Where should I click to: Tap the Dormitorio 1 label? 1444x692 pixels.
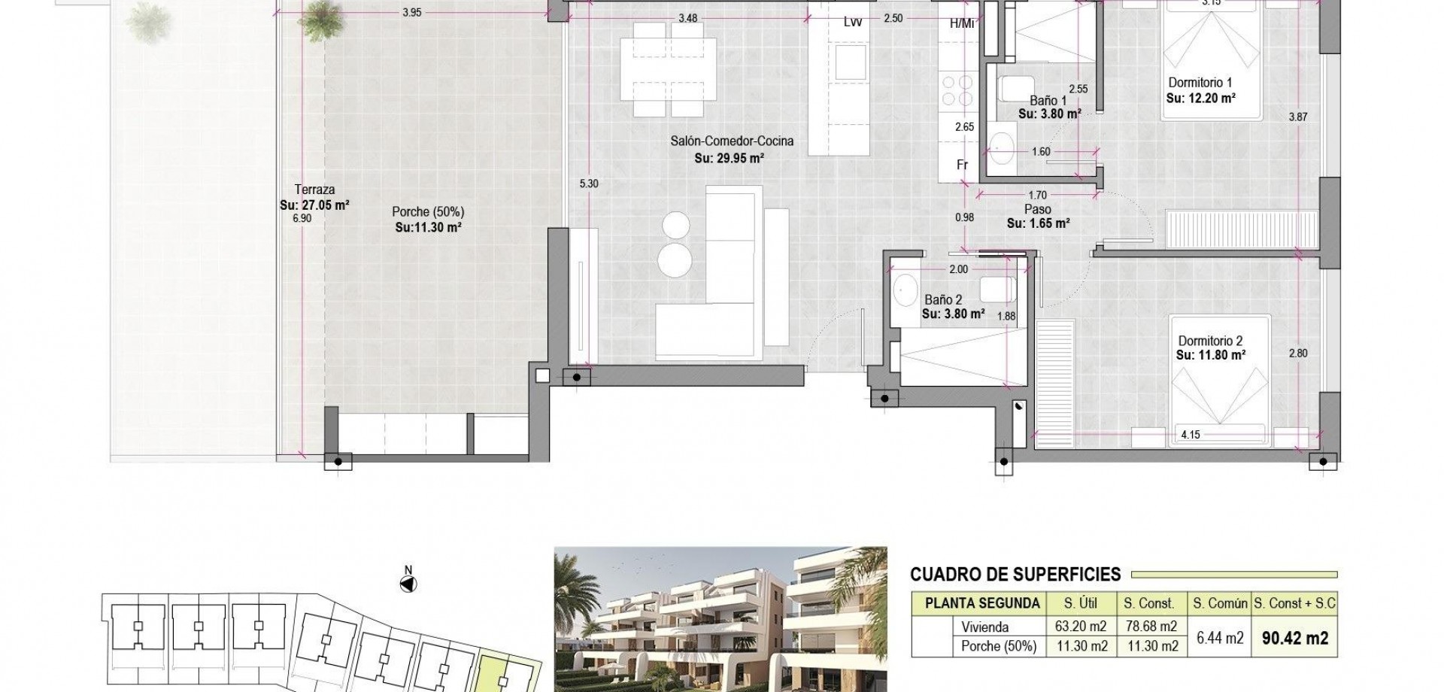click(x=1200, y=83)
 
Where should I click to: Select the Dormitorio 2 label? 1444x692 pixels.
click(x=1210, y=340)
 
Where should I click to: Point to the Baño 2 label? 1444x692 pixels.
click(x=943, y=300)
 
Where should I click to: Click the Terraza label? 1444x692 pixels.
click(x=314, y=190)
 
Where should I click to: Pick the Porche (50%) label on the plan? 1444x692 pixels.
click(x=428, y=212)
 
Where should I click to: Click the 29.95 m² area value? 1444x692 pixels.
click(x=739, y=159)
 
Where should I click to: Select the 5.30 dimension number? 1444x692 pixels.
click(x=589, y=184)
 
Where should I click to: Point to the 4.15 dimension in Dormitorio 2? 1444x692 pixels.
click(x=1191, y=434)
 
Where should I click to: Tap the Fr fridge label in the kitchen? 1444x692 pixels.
click(x=962, y=165)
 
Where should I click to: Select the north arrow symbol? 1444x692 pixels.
click(x=408, y=583)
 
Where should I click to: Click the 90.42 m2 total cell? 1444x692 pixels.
click(x=1295, y=638)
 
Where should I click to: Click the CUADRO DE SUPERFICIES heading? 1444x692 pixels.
click(x=1015, y=575)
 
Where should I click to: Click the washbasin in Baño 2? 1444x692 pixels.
click(x=902, y=287)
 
